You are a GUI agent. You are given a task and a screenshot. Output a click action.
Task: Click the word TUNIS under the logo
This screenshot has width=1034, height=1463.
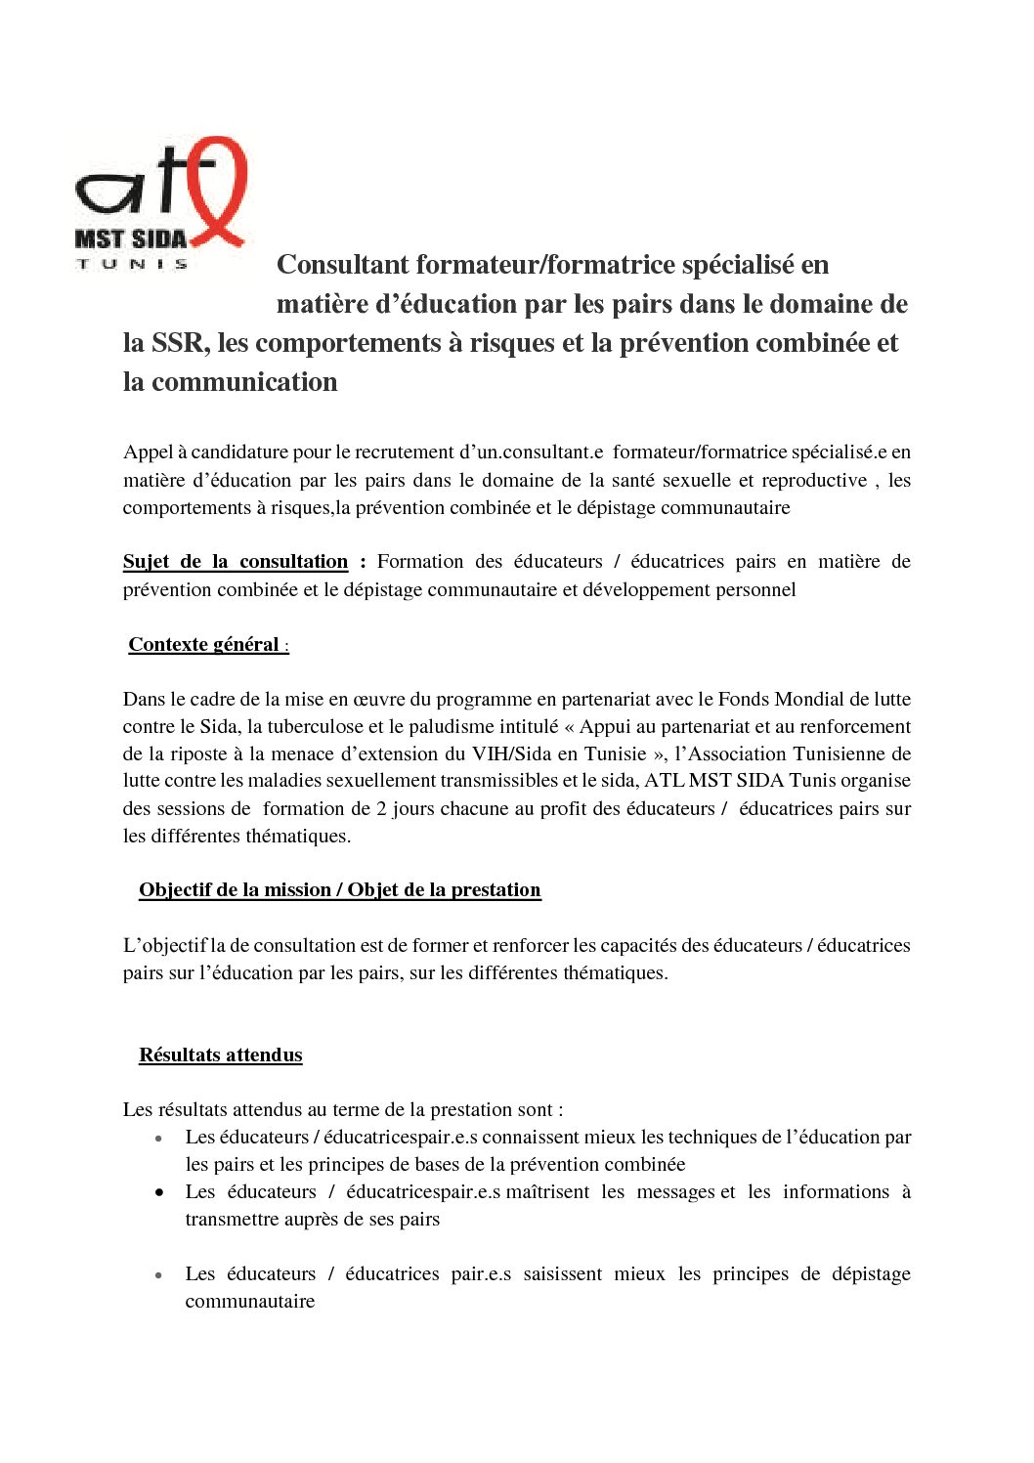click(x=132, y=264)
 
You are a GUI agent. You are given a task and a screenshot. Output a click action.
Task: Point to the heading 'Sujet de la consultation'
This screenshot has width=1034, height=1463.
click(x=235, y=562)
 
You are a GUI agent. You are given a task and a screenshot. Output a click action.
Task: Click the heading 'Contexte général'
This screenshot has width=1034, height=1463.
click(x=203, y=645)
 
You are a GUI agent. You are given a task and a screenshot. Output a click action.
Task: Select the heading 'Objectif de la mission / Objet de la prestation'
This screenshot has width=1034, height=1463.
click(x=339, y=890)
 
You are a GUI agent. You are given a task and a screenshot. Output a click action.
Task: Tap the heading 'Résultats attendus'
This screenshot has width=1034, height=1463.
click(x=220, y=1055)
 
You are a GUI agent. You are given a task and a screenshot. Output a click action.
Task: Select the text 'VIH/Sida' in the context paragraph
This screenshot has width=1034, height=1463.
click(x=509, y=754)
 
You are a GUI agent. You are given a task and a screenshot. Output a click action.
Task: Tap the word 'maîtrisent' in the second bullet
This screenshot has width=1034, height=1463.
click(x=547, y=1192)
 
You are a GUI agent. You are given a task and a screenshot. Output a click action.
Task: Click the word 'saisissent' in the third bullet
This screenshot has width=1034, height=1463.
click(x=562, y=1274)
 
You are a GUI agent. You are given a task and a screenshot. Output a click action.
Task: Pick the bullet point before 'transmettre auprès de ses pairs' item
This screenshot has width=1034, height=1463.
click(x=158, y=1193)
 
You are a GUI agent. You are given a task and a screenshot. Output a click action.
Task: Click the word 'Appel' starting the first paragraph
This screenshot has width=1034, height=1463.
click(x=148, y=452)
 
